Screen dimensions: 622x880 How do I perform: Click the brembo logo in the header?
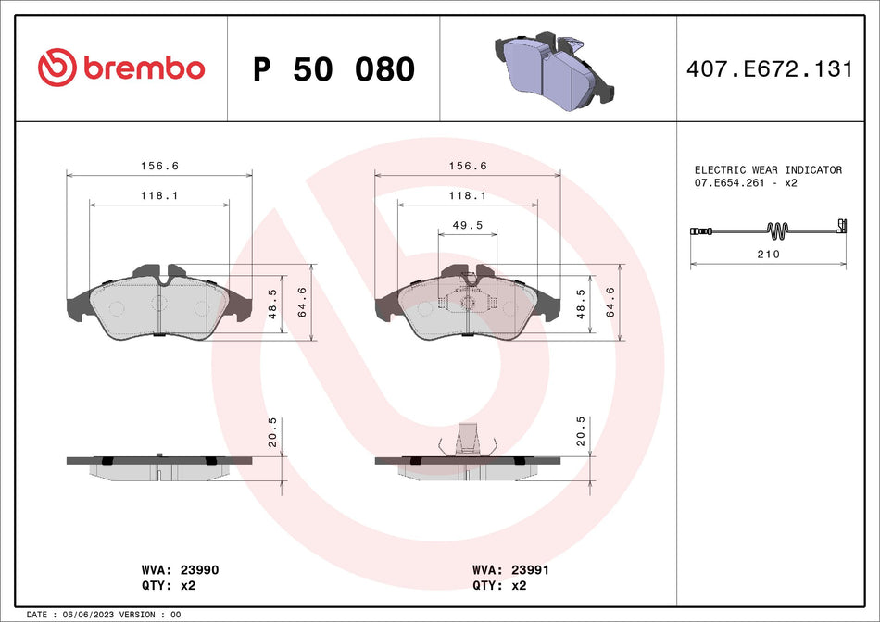[x=121, y=68]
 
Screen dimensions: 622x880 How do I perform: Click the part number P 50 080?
[x=333, y=69]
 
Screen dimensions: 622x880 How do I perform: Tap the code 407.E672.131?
[x=769, y=68]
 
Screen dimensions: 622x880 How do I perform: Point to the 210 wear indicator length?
[x=768, y=254]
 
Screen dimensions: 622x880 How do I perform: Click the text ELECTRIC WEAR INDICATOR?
[x=768, y=170]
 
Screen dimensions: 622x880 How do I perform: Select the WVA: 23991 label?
[x=510, y=571]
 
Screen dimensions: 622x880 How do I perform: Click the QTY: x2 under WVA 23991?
[x=499, y=585]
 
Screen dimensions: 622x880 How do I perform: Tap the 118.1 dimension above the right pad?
[x=467, y=195]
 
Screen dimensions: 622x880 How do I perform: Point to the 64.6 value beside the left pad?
[x=302, y=303]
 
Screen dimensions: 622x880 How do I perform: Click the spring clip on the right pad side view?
[x=470, y=440]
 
